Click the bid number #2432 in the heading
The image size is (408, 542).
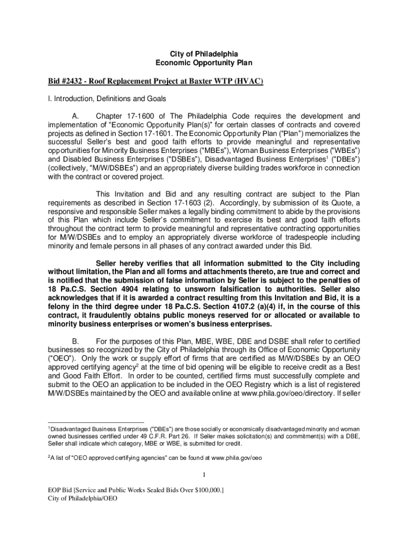(71, 81)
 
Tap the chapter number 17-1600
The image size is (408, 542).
(138, 116)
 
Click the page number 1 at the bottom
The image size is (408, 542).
(204, 474)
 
